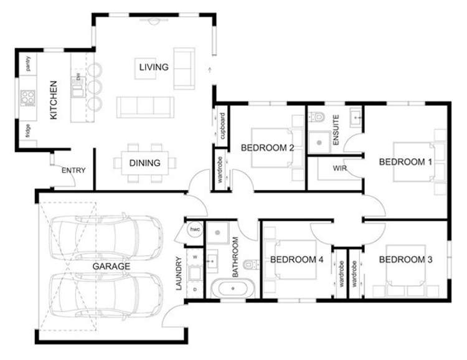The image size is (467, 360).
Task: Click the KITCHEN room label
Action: [x=54, y=100]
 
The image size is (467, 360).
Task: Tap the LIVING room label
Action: [x=154, y=67]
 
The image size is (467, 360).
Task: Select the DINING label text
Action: [x=145, y=163]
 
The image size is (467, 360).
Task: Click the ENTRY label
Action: [x=73, y=171]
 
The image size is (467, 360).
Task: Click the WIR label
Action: [x=339, y=168]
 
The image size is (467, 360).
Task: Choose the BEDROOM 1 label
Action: [x=405, y=162]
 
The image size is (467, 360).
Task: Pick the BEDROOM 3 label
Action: [x=405, y=259]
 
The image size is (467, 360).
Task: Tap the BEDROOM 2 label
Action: [x=267, y=148]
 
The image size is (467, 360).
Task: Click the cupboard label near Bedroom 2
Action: [x=222, y=126]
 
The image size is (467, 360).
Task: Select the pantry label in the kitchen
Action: [x=28, y=64]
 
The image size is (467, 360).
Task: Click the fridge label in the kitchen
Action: [x=28, y=131]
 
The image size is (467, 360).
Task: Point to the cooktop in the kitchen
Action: [x=28, y=97]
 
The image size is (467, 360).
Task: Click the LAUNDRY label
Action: [x=179, y=274]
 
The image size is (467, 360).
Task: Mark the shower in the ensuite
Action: [x=321, y=141]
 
